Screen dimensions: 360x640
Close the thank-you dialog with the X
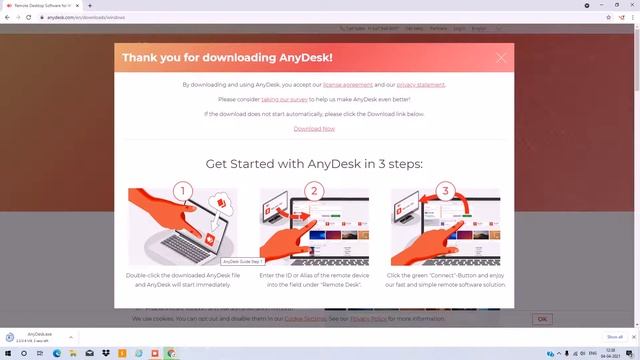pos(501,58)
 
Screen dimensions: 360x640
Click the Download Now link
pos(314,128)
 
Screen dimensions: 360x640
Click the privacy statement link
pos(420,85)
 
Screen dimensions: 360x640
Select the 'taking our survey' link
pos(287,100)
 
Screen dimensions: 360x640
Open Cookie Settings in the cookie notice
pos(305,318)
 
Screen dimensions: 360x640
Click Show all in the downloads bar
pos(615,337)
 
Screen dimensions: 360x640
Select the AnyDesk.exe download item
pos(40,337)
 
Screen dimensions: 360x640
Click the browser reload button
pos(29,17)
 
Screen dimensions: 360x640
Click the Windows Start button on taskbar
pos(8,353)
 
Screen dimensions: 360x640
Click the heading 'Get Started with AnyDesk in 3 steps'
pos(314,164)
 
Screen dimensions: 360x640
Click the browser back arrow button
pos(7,17)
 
